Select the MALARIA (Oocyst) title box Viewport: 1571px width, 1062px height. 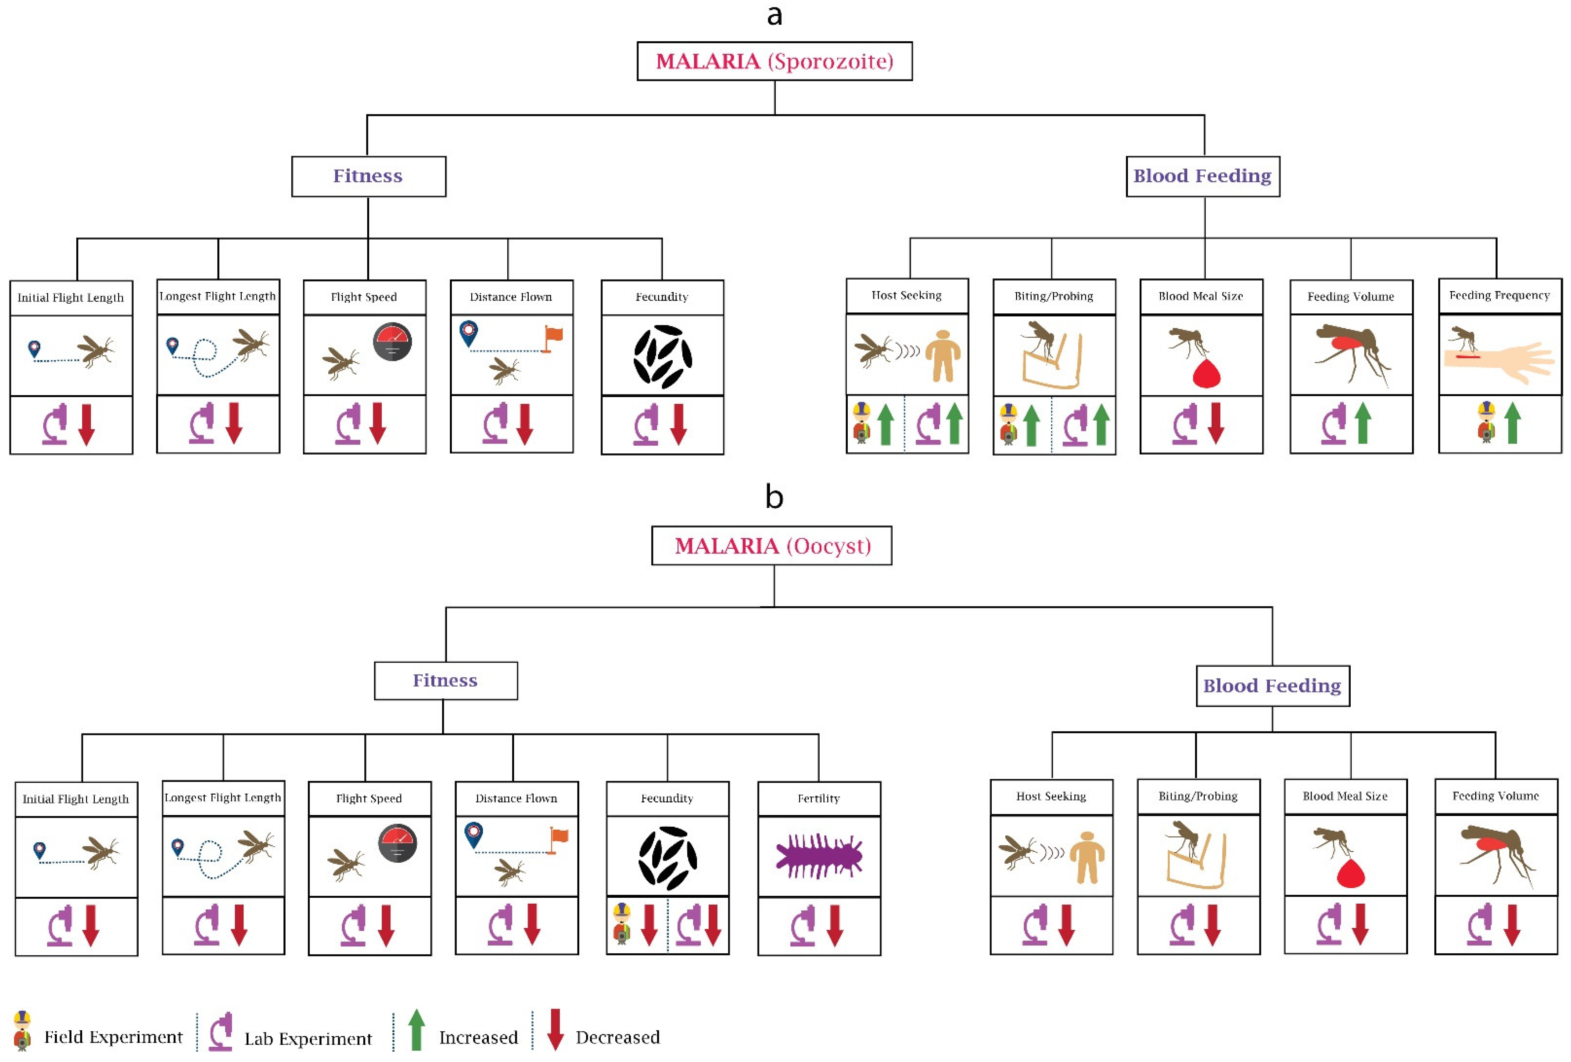point(771,545)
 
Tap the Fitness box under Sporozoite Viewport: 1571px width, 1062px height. point(368,176)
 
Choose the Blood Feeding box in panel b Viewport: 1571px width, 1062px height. point(1272,686)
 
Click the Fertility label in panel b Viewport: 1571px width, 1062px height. point(818,798)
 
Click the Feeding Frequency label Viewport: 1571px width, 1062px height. point(1499,296)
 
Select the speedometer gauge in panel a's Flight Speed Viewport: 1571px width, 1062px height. point(392,342)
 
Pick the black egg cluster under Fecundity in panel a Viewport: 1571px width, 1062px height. point(662,357)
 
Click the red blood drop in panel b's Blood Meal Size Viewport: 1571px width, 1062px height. point(1351,873)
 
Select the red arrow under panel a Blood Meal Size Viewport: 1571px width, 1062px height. point(1216,423)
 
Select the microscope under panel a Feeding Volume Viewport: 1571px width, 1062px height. point(1334,424)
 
